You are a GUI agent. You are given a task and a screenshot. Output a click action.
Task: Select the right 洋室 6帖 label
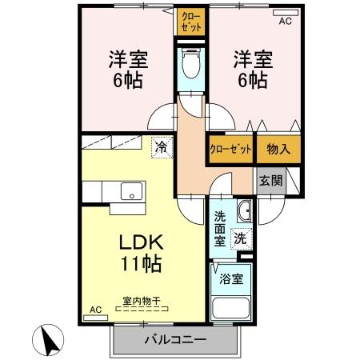click(x=250, y=70)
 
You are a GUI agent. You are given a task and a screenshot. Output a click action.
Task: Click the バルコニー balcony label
click(x=175, y=340)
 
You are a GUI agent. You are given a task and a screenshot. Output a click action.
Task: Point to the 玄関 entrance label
click(x=270, y=181)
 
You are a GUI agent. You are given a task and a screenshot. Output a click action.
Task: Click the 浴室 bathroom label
click(x=231, y=279)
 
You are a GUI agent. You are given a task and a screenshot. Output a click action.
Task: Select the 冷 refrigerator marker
click(x=161, y=147)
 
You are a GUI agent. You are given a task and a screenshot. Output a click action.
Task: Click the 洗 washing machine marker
click(x=240, y=237)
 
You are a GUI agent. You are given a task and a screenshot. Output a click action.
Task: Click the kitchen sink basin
click(x=130, y=191)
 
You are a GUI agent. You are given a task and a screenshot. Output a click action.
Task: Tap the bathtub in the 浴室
click(x=231, y=309)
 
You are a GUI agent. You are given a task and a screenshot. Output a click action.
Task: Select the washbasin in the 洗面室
click(x=244, y=210)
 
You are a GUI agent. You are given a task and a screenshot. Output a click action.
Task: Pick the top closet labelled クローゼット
click(x=191, y=22)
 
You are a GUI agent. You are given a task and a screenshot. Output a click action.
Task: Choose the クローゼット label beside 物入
click(x=230, y=149)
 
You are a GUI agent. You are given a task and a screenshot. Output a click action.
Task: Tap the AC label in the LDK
click(x=95, y=310)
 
